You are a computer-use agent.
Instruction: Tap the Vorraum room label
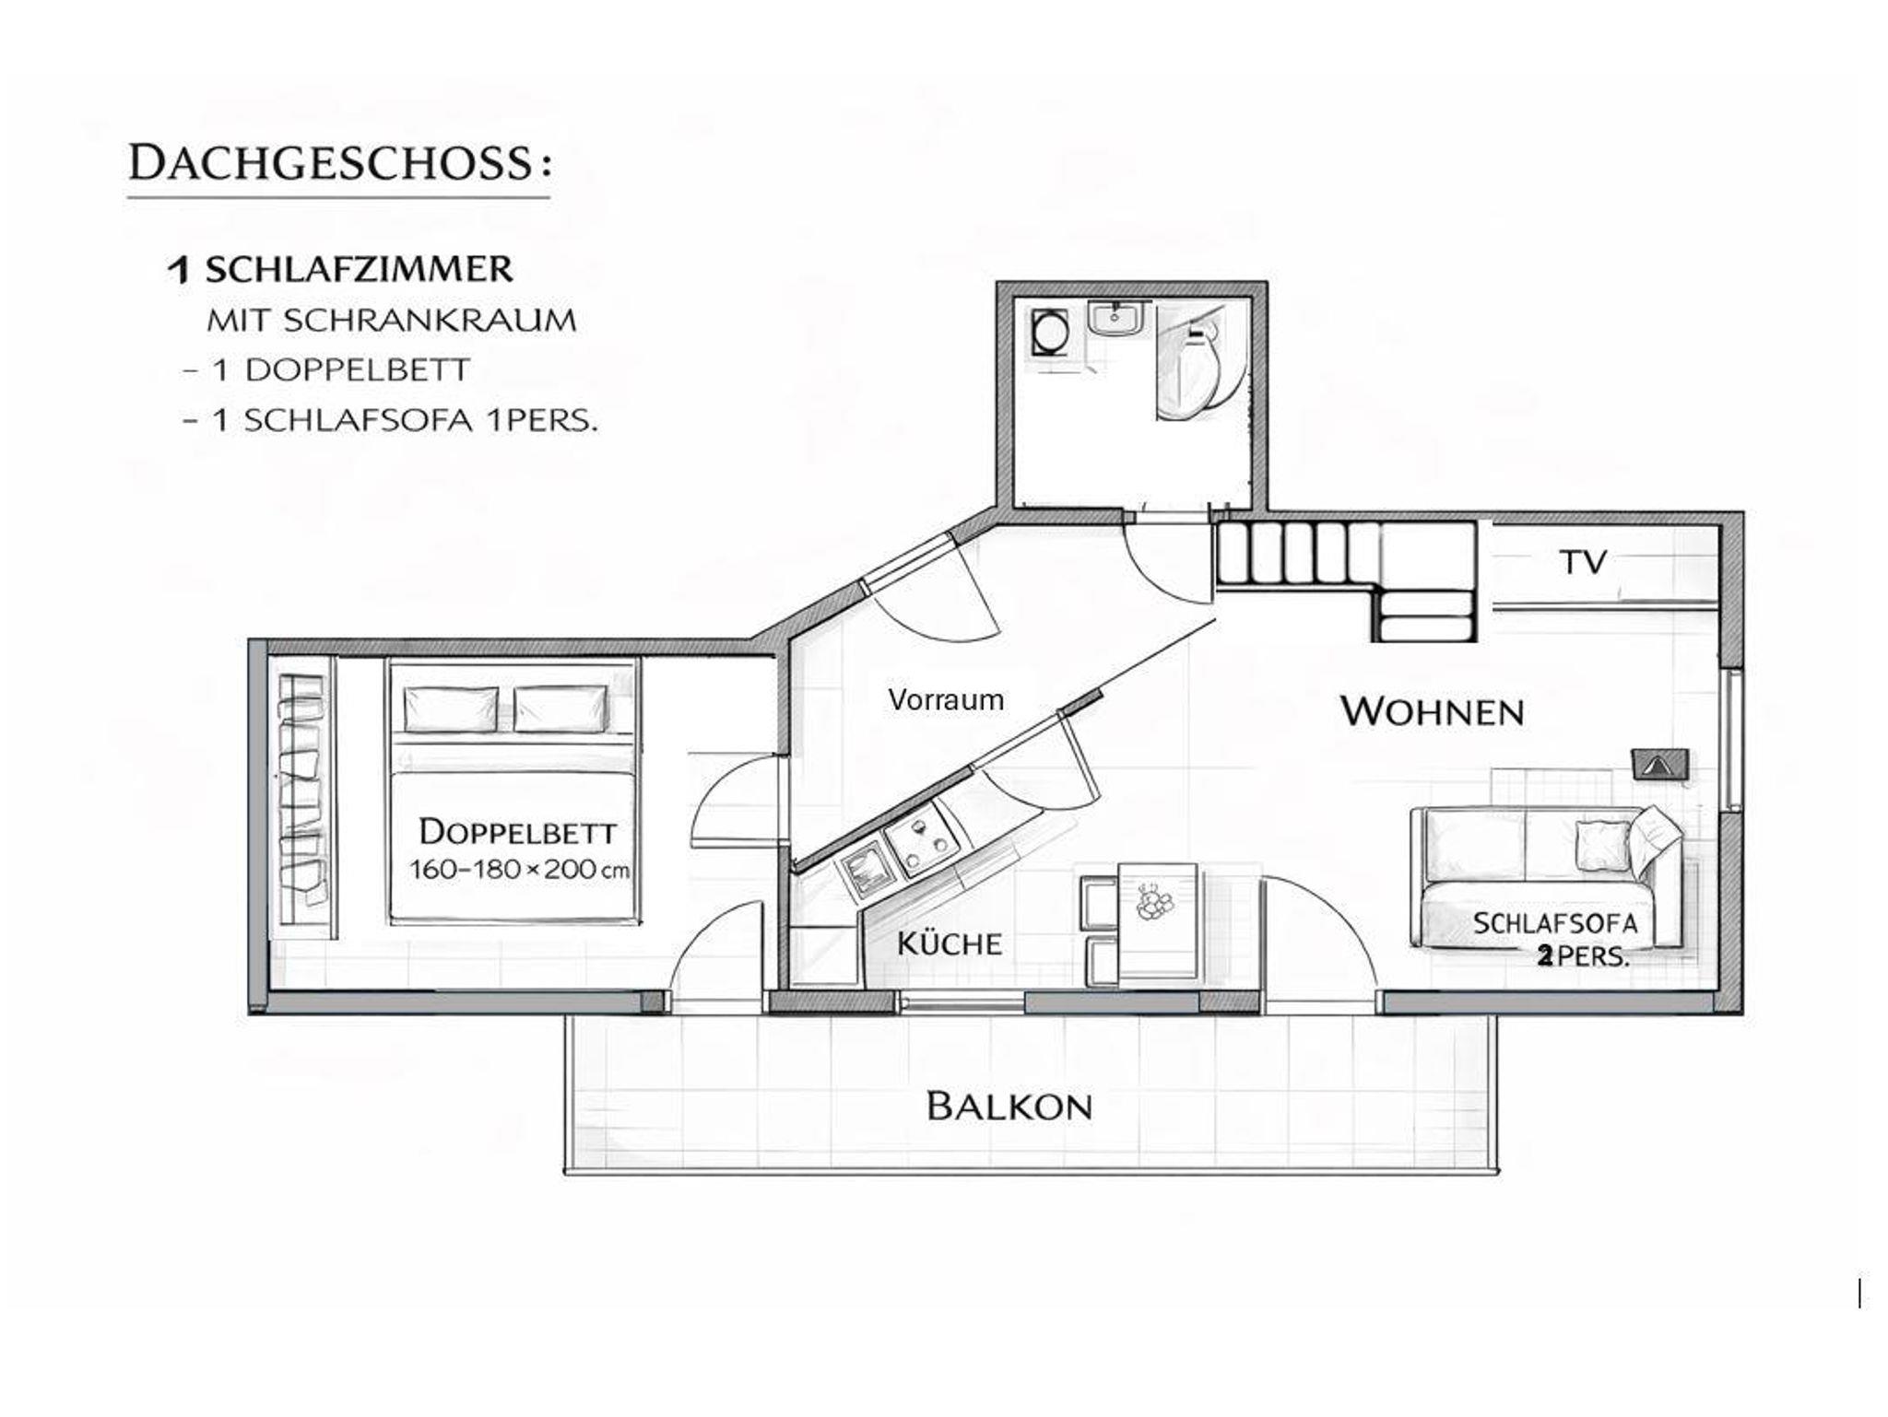[946, 699]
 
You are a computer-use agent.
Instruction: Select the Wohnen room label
[1432, 711]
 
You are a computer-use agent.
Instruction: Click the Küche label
[950, 943]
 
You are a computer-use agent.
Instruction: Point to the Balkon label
[1009, 1106]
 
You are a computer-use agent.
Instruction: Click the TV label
[1584, 562]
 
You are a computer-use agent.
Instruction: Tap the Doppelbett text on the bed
[517, 832]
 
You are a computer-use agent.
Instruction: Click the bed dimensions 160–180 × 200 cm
[519, 870]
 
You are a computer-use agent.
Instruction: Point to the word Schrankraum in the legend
[431, 321]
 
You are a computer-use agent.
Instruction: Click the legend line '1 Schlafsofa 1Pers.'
[391, 420]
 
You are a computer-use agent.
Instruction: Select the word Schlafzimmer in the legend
[359, 270]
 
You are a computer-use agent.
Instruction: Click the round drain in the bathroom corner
[1048, 332]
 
